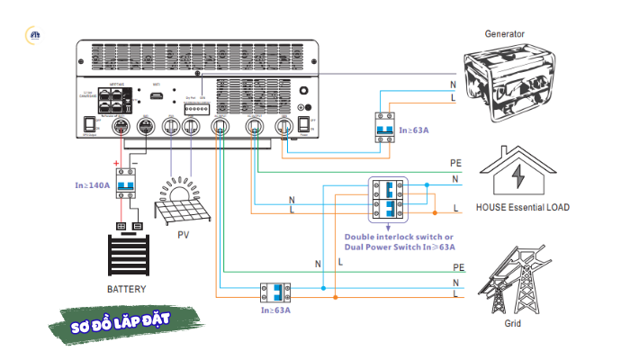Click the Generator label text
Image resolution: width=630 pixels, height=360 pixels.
[x=505, y=33]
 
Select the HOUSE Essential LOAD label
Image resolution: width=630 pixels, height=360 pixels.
[x=523, y=207]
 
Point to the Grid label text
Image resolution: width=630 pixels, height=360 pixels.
[x=511, y=321]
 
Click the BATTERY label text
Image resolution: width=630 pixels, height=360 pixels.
[x=126, y=289]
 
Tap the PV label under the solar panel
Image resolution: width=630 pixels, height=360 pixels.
[x=184, y=235]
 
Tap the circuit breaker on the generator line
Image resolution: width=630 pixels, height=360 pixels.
[x=386, y=126]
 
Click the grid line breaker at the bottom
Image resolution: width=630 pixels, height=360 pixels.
[x=277, y=292]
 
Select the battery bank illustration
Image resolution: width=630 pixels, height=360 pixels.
[x=126, y=256]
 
